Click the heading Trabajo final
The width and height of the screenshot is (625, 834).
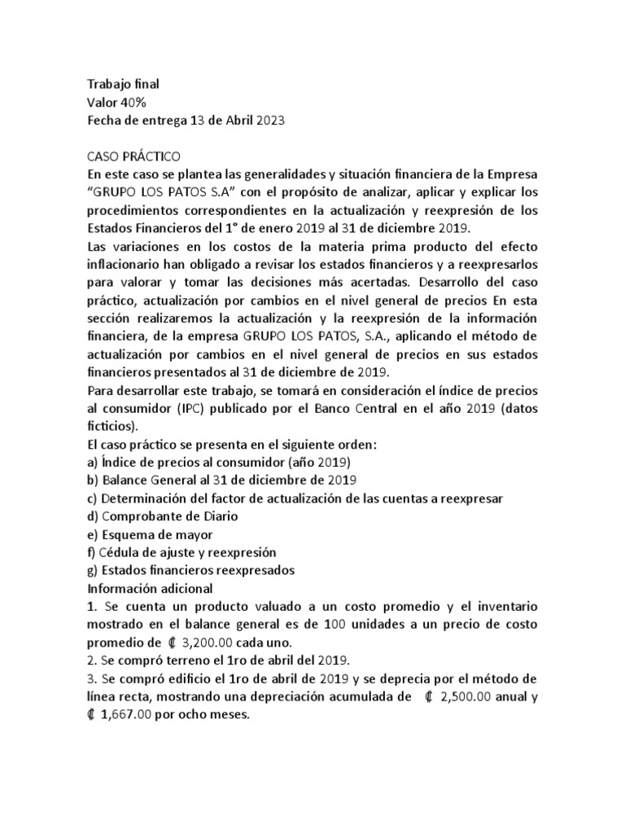click(x=123, y=84)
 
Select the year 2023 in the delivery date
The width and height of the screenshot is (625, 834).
click(x=272, y=121)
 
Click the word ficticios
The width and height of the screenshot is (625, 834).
click(x=111, y=427)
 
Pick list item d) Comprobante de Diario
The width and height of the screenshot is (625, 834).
click(x=162, y=516)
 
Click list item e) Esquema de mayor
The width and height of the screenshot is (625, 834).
click(x=150, y=534)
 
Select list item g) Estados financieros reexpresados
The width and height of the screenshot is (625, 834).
click(x=190, y=570)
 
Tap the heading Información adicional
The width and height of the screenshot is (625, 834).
click(x=150, y=588)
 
